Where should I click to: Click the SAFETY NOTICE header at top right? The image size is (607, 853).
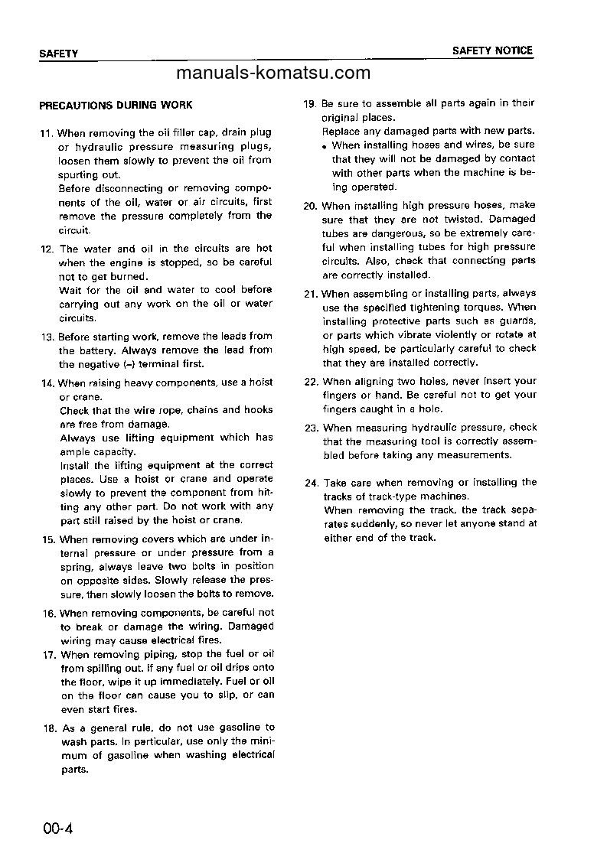click(x=492, y=50)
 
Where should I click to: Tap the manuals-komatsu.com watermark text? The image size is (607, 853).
click(x=273, y=73)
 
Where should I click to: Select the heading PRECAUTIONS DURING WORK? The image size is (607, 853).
click(x=116, y=105)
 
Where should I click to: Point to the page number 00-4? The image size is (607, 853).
click(x=57, y=828)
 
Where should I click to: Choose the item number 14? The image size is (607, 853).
click(x=47, y=383)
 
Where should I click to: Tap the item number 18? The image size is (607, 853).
click(x=49, y=728)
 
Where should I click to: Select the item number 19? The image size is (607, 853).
click(x=310, y=103)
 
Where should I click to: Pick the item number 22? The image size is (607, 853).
click(x=311, y=382)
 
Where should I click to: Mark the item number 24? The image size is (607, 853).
click(x=311, y=483)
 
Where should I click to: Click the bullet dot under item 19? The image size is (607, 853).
click(x=325, y=146)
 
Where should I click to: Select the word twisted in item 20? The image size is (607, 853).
click(x=462, y=220)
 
